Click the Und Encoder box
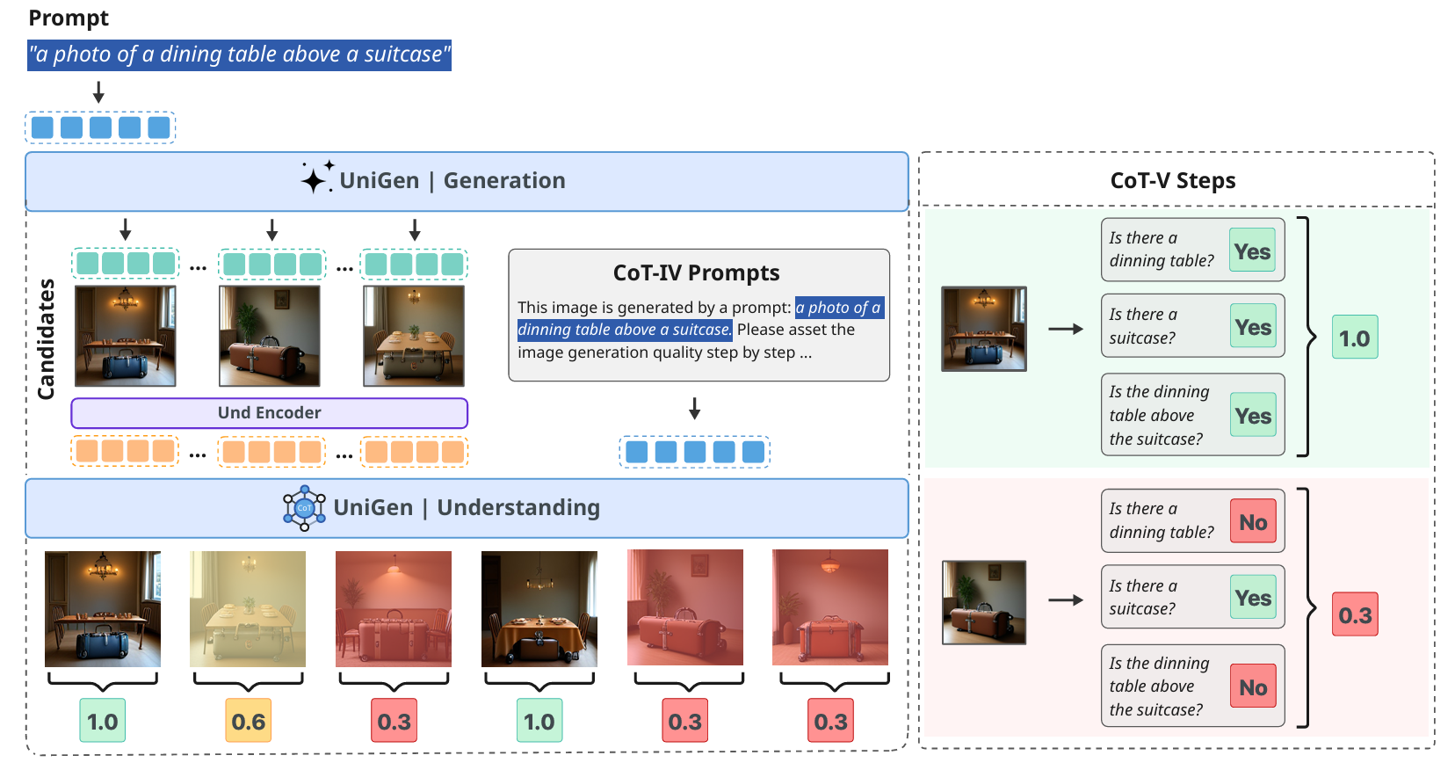tap(269, 413)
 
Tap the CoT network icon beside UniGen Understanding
tap(304, 508)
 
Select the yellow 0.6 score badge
tap(249, 721)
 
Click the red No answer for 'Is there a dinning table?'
tap(1253, 522)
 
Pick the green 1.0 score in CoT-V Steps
tap(1354, 338)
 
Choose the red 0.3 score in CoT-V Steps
tap(1355, 614)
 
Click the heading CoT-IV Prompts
tap(696, 272)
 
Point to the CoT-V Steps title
tap(1172, 180)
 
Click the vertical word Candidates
tap(46, 338)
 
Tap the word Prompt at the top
tap(69, 18)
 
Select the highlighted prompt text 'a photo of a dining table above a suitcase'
tap(239, 54)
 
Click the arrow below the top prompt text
tap(98, 92)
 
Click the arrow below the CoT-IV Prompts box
tap(694, 409)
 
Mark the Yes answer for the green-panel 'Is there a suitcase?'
tap(1253, 327)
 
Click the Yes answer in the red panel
tap(1253, 598)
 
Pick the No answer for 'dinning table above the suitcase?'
tap(1253, 687)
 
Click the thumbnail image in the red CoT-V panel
tap(983, 602)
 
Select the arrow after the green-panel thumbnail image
tap(1066, 329)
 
